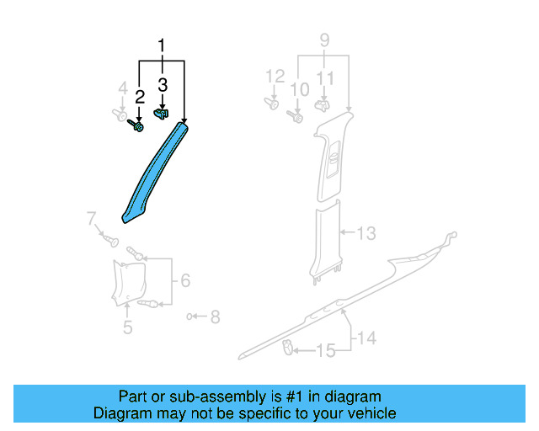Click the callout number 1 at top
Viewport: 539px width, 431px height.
point(162,45)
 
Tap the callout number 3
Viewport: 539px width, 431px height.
point(163,85)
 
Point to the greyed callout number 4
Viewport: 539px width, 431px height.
point(122,88)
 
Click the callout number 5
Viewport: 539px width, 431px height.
point(127,327)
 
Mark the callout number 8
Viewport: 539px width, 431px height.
point(215,317)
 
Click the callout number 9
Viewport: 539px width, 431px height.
point(324,40)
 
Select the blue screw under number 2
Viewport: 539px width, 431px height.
point(136,126)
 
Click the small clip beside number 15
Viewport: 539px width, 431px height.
point(287,346)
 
